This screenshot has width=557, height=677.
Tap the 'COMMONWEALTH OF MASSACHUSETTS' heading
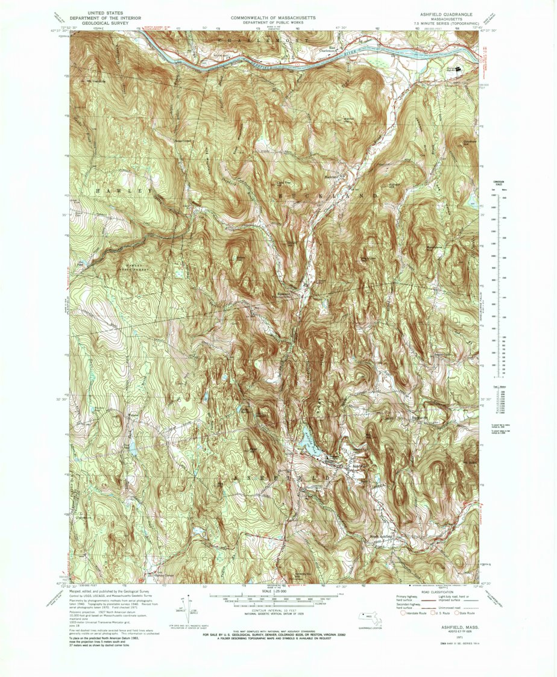pyautogui.click(x=274, y=19)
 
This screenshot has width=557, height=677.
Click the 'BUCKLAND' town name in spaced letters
pyautogui.click(x=329, y=196)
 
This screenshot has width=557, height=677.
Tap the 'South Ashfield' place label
pyautogui.click(x=382, y=536)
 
